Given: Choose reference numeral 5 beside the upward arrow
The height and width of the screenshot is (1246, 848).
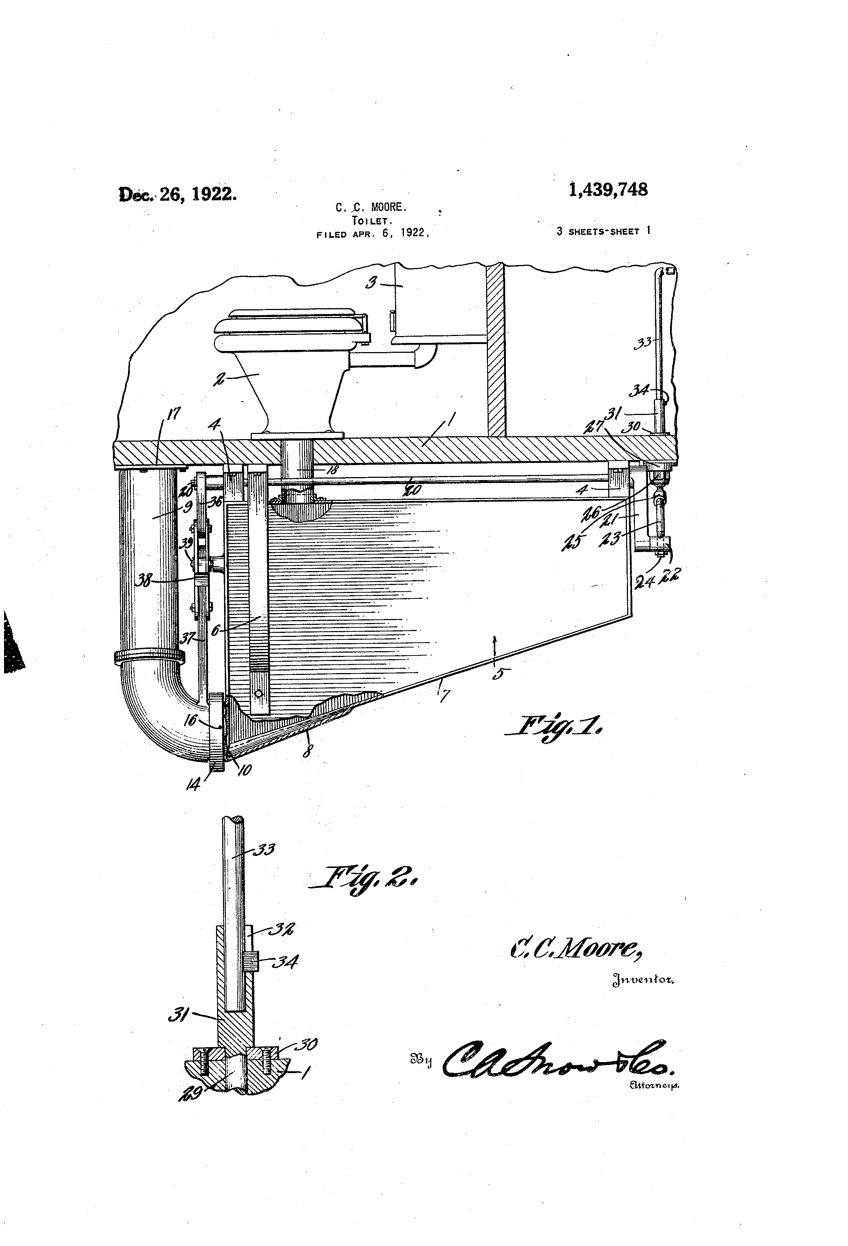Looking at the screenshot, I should (498, 674).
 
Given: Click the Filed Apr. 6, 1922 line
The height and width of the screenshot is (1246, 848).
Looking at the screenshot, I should (374, 234).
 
